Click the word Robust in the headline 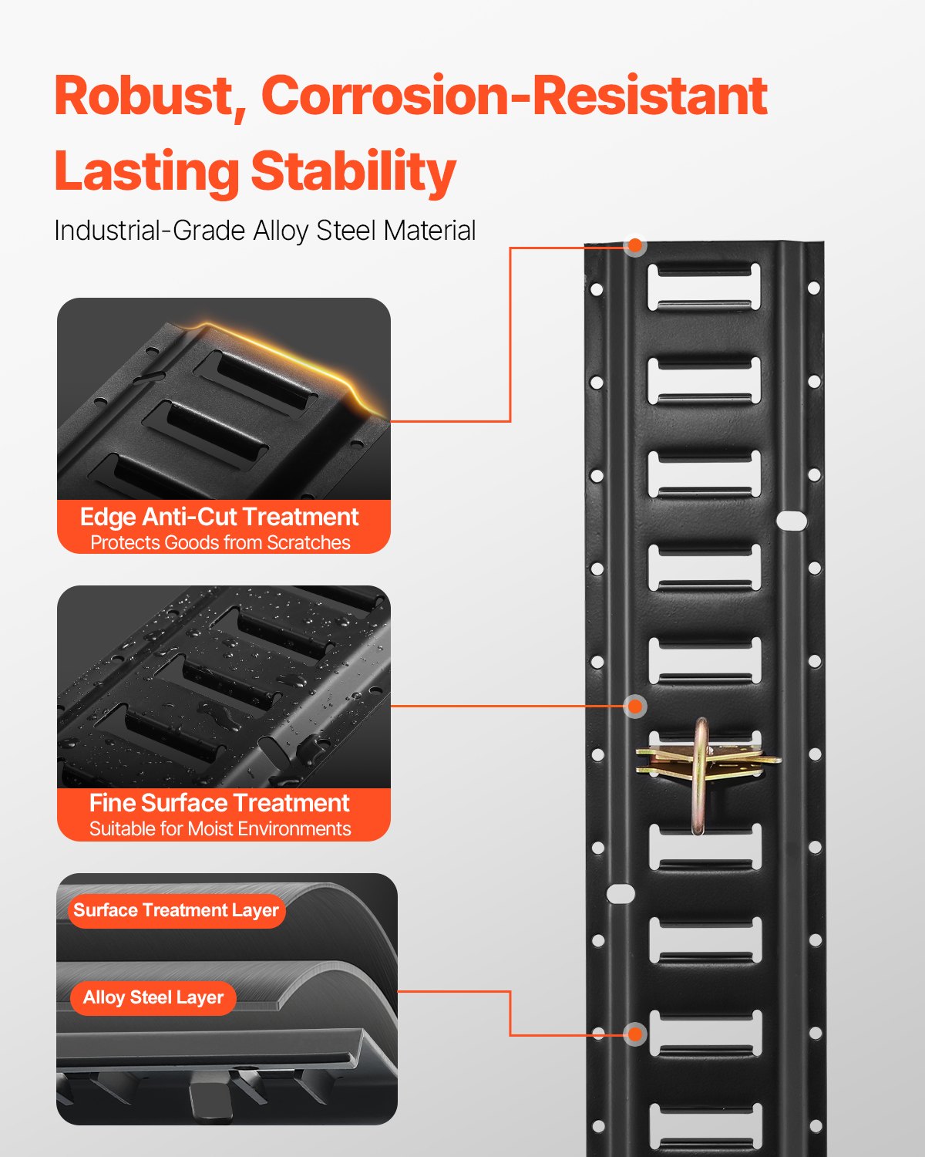coord(143,96)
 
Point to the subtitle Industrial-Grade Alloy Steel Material coord(264,231)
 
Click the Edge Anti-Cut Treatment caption coord(220,517)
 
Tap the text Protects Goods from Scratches coord(220,543)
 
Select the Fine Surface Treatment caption coord(220,803)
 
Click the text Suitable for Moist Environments coord(220,829)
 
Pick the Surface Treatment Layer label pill coord(176,910)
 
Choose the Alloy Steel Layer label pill coord(153,997)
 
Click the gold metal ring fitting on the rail coord(700,775)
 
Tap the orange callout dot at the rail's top coord(635,246)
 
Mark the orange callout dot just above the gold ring coord(635,706)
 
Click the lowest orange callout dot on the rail coord(635,1034)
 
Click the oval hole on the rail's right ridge coord(791,521)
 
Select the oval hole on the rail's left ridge coord(621,894)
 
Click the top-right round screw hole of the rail coord(813,288)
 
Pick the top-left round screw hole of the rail coord(596,290)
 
